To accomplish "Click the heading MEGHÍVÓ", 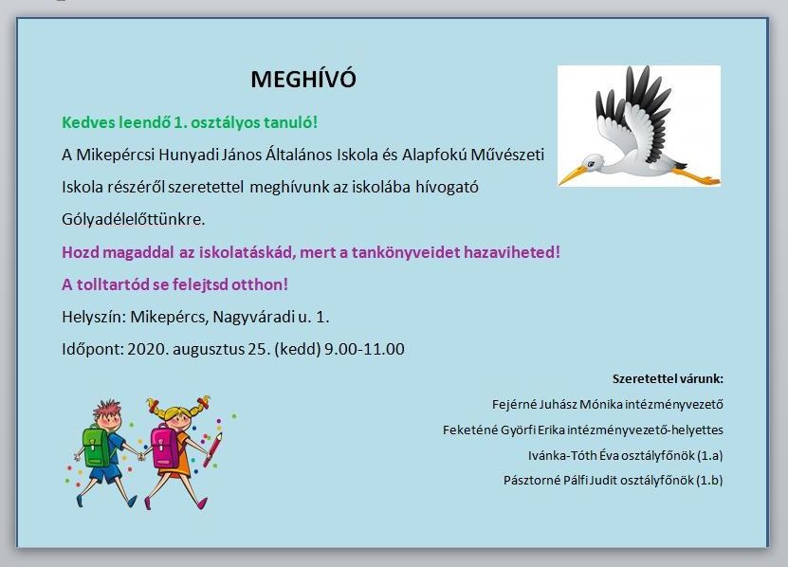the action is [x=303, y=79].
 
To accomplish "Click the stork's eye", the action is [x=593, y=162].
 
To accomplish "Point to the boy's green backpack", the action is [x=97, y=446].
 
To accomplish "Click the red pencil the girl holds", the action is [x=212, y=448].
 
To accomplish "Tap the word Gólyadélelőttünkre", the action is [x=133, y=220].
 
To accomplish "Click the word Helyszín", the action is [x=94, y=318].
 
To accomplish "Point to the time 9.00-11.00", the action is [x=364, y=349].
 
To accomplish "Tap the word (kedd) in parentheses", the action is [x=298, y=349].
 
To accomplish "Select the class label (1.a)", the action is [x=710, y=455].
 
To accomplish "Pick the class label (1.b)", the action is [x=710, y=480].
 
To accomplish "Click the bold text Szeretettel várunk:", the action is [x=668, y=378].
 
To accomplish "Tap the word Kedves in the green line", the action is [x=88, y=122].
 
